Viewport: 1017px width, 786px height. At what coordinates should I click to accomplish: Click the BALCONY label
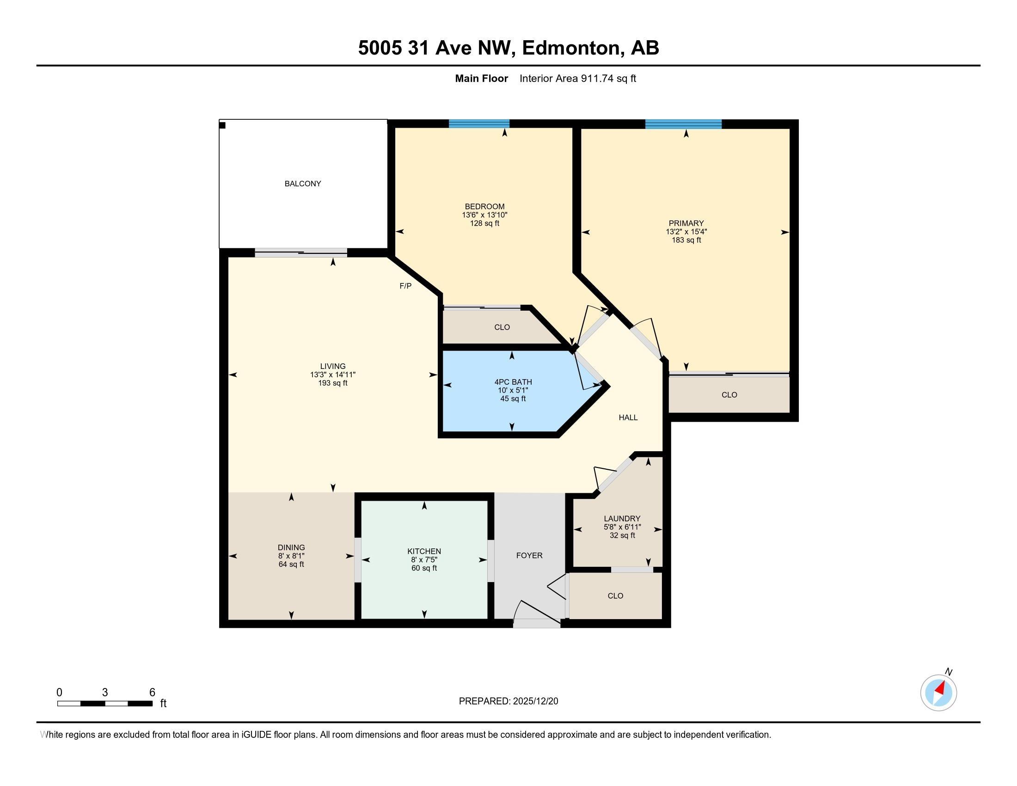pyautogui.click(x=303, y=184)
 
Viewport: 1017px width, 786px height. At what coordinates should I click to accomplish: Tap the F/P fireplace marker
pyautogui.click(x=405, y=286)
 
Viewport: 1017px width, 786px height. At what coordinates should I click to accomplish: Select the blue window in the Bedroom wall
pyautogui.click(x=479, y=123)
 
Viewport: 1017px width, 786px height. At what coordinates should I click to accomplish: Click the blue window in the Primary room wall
pyautogui.click(x=683, y=124)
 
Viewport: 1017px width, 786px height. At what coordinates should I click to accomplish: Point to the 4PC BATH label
pyautogui.click(x=513, y=382)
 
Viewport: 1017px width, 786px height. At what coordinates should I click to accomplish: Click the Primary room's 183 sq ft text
pyautogui.click(x=686, y=240)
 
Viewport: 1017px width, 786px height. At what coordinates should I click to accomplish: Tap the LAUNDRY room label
pyautogui.click(x=622, y=518)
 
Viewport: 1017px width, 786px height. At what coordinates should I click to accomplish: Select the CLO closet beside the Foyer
pyautogui.click(x=615, y=596)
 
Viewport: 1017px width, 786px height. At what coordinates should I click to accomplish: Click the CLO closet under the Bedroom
pyautogui.click(x=502, y=327)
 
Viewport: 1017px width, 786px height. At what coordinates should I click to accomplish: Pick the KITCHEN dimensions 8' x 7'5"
pyautogui.click(x=424, y=560)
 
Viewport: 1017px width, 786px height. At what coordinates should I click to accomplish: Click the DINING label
pyautogui.click(x=291, y=547)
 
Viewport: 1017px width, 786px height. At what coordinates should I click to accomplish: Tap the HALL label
pyautogui.click(x=628, y=418)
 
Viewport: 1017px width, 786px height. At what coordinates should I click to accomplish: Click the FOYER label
pyautogui.click(x=529, y=555)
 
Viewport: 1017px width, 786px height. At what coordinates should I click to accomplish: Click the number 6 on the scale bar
pyautogui.click(x=152, y=693)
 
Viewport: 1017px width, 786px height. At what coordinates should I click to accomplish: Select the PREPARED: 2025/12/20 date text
pyautogui.click(x=508, y=701)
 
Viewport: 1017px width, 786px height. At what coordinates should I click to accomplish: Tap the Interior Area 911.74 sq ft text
pyautogui.click(x=577, y=79)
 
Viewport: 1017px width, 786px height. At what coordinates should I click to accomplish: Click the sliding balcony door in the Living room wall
pyautogui.click(x=301, y=253)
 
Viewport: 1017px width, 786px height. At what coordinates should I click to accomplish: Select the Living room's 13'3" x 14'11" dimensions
pyautogui.click(x=332, y=375)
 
